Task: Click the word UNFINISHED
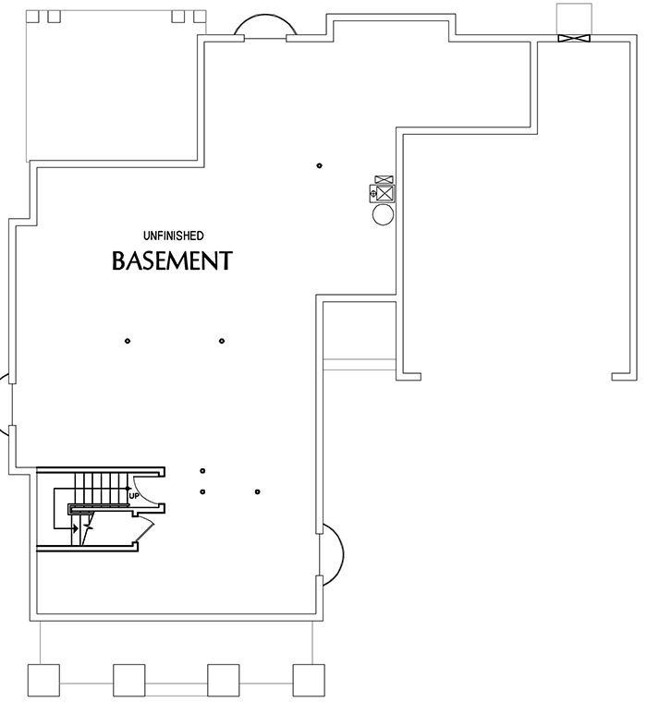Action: [x=173, y=236]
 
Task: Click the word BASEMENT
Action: [x=171, y=261]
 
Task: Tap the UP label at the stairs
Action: [x=134, y=496]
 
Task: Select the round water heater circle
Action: [x=383, y=215]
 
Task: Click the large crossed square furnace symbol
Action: [x=385, y=194]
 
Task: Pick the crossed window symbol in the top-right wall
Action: [x=574, y=38]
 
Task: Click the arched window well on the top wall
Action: [x=264, y=27]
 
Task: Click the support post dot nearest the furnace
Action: [x=319, y=166]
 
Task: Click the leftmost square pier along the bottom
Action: [x=43, y=680]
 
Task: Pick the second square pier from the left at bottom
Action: [x=129, y=680]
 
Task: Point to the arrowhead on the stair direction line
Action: [x=75, y=529]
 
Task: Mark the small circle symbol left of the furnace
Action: [x=372, y=195]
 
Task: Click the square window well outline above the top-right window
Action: [x=574, y=18]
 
